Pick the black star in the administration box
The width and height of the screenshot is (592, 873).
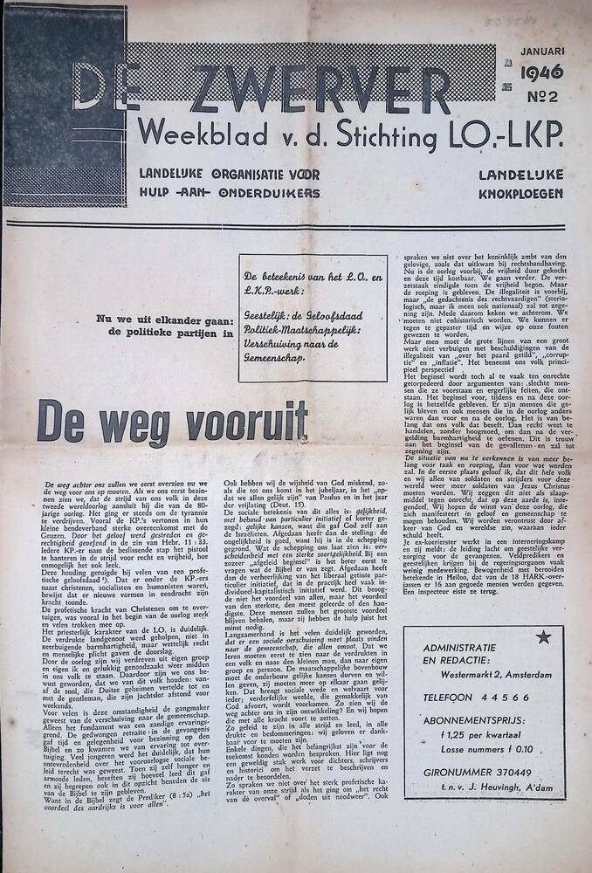[x=544, y=637]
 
